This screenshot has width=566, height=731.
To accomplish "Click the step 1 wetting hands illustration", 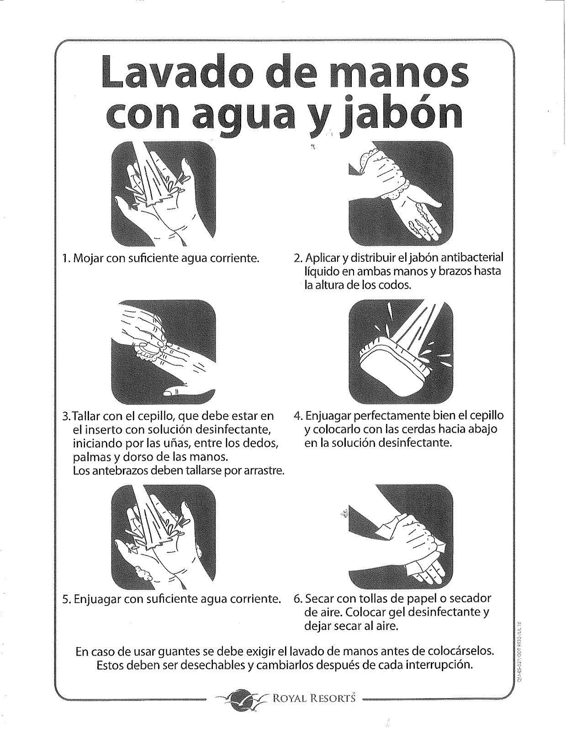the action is [x=164, y=194].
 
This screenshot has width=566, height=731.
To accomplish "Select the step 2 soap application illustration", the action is [x=401, y=194].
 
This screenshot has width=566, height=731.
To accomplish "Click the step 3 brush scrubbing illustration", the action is [x=164, y=352].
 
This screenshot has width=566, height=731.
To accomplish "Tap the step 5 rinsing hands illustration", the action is [x=164, y=537].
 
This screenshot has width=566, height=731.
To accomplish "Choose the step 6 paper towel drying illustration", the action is [x=401, y=537].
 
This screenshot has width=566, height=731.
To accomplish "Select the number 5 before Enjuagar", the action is [x=65, y=599].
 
